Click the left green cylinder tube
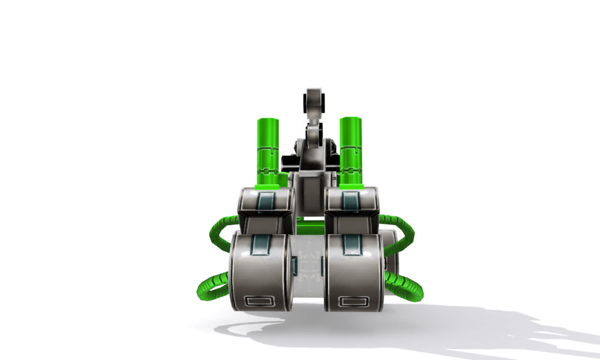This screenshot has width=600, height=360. pyautogui.click(x=268, y=150)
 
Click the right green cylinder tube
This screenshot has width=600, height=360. pyautogui.click(x=350, y=150)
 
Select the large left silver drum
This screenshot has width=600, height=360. pyautogui.click(x=260, y=273)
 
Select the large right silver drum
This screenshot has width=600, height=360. pyautogui.click(x=355, y=273)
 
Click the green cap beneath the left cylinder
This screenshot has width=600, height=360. pyautogui.click(x=268, y=187)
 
